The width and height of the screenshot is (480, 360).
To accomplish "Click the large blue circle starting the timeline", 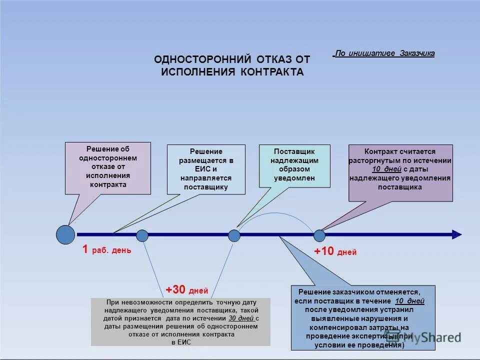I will [x=65, y=234].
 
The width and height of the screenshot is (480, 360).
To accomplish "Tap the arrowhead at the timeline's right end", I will [x=456, y=234].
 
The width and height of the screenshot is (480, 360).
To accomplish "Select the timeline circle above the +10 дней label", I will [x=319, y=235].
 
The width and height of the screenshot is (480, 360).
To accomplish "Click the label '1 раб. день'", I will [x=106, y=249].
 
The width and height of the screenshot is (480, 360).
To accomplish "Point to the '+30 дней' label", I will [x=186, y=290].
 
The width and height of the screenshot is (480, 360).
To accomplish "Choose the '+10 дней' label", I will [x=335, y=251].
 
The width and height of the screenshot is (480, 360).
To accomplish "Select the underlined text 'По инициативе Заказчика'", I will [x=384, y=53].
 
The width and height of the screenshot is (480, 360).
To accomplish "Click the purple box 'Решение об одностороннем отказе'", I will [x=108, y=167].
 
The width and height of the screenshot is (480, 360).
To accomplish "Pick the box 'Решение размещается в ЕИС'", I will [x=206, y=169].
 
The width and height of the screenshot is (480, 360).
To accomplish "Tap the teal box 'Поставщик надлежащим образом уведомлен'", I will [x=294, y=165].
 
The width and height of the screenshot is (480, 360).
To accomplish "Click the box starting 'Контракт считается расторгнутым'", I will [x=400, y=172].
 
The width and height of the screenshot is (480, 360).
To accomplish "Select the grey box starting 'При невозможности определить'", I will [x=180, y=322].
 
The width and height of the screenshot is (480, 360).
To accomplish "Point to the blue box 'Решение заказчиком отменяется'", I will [x=363, y=317].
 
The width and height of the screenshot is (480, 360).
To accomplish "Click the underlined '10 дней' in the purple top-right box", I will [x=390, y=169].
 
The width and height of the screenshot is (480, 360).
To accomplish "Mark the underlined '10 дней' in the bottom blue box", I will [x=409, y=301].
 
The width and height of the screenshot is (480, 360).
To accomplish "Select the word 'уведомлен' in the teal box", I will [x=294, y=178].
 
